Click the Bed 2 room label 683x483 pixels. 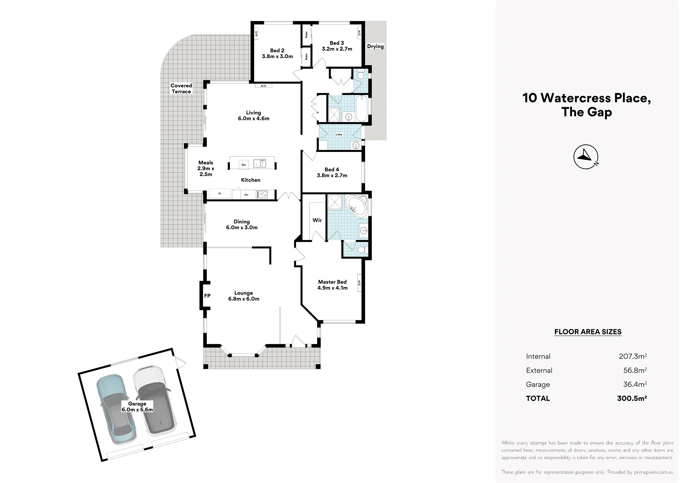[277, 53]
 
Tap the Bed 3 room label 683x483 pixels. [337, 46]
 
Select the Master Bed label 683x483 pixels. [332, 285]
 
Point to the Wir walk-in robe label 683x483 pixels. [317, 220]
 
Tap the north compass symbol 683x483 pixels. [586, 157]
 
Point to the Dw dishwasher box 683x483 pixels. [244, 165]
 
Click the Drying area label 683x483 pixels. [375, 46]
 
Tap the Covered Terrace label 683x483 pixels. [181, 88]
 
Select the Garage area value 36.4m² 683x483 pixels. [635, 384]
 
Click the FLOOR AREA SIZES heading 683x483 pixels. [588, 332]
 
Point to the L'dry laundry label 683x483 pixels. [339, 135]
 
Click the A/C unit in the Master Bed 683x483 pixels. [359, 283]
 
